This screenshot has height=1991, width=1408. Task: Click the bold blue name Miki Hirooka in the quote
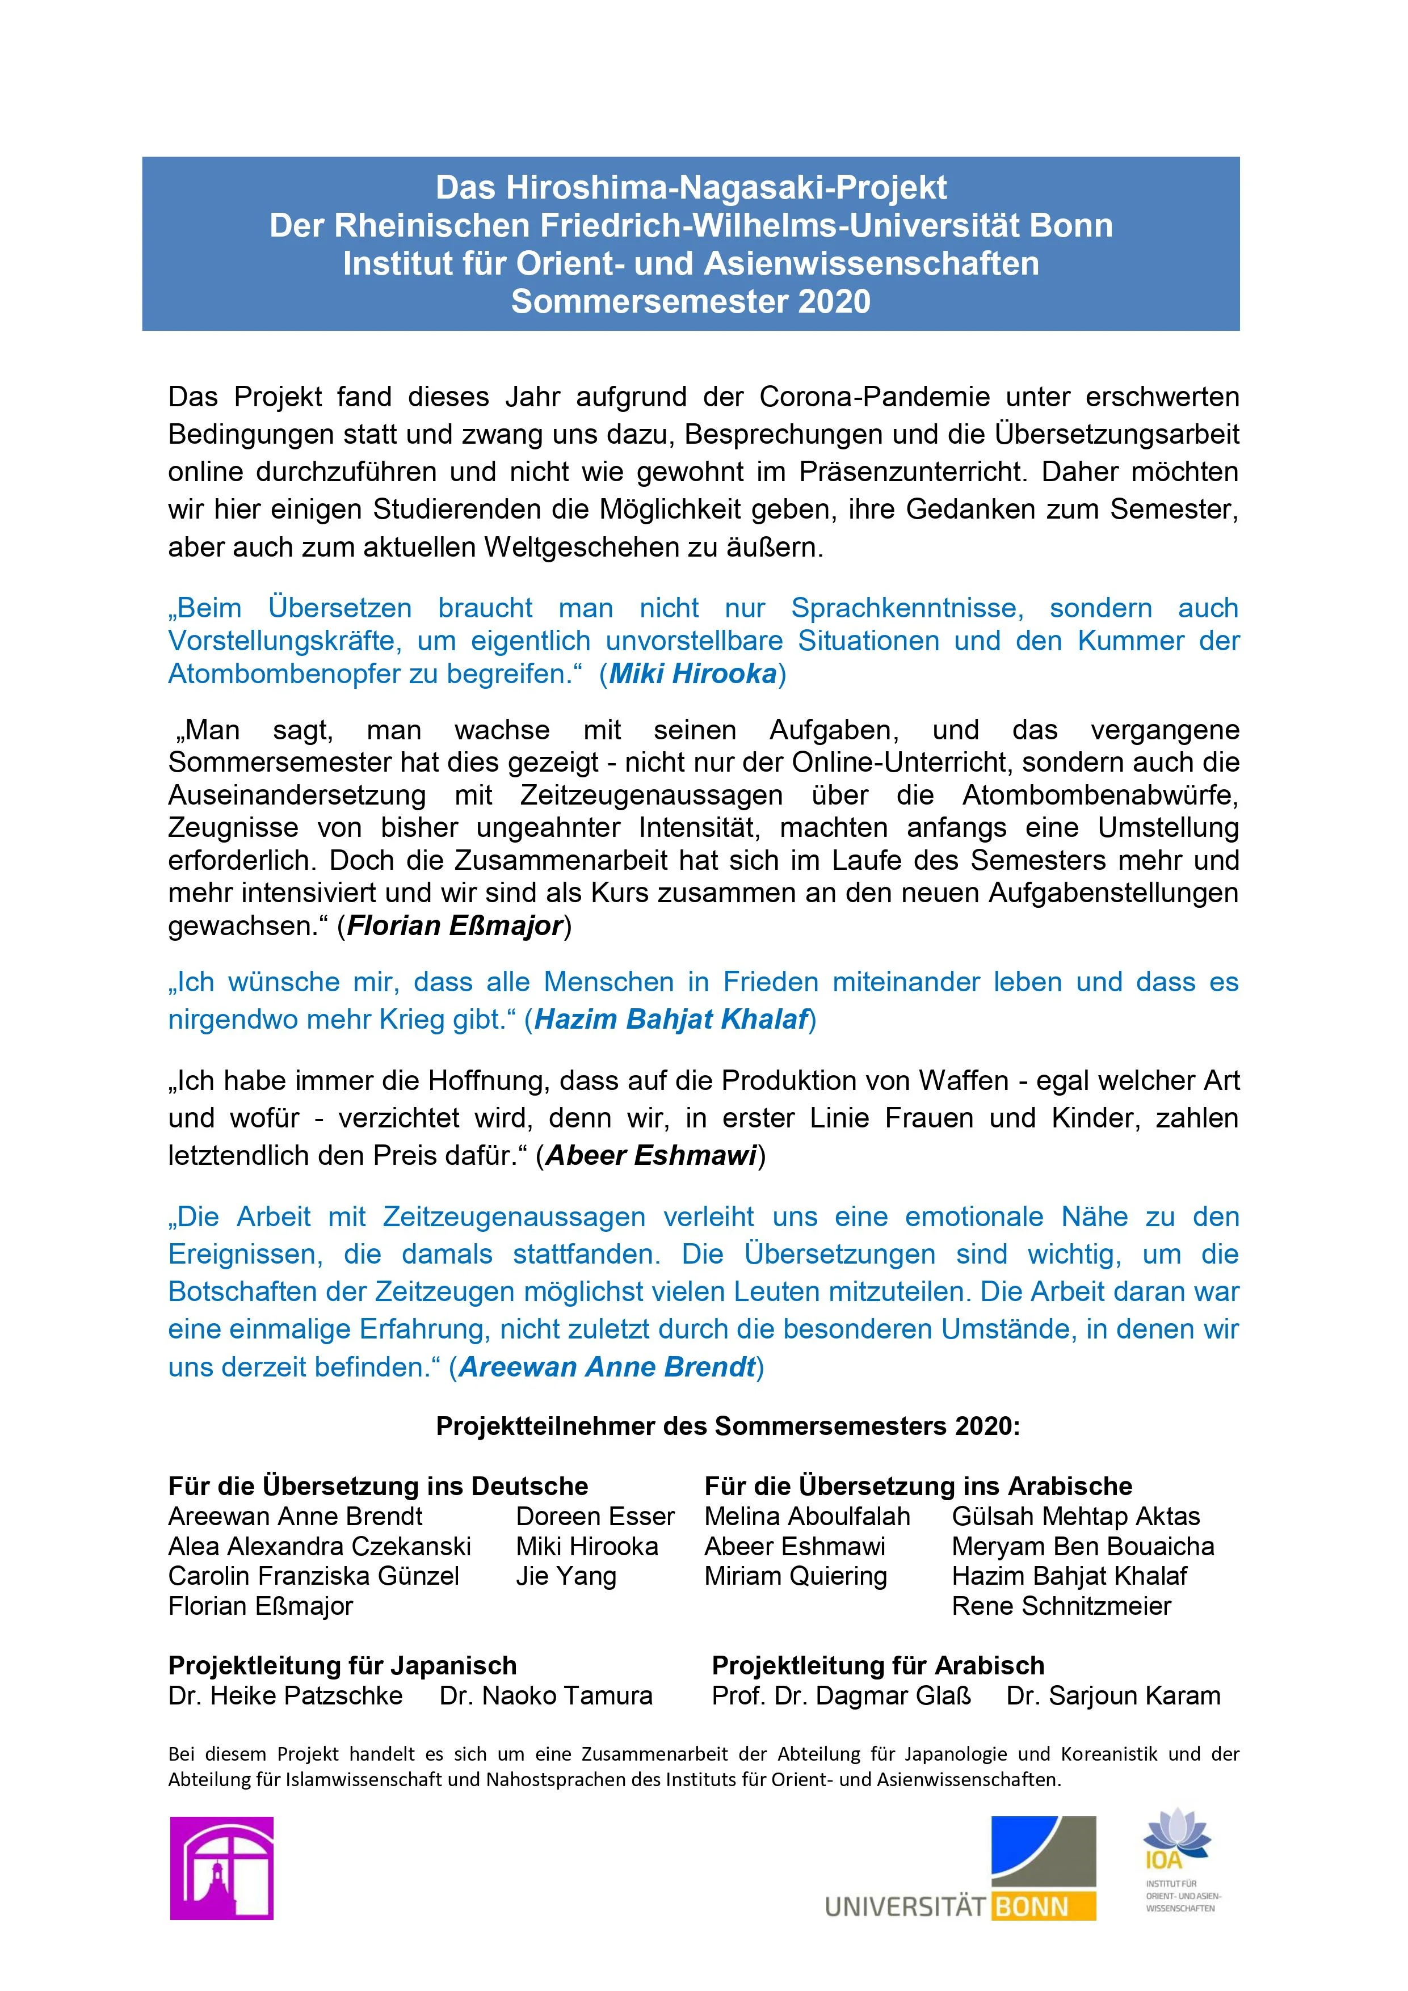[x=692, y=674]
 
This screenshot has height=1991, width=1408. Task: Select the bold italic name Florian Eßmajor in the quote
[x=456, y=925]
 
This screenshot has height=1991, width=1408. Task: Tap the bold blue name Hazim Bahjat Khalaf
[x=671, y=1019]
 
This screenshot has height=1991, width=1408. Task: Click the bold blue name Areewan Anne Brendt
[x=607, y=1367]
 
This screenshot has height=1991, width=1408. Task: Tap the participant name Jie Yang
[x=566, y=1576]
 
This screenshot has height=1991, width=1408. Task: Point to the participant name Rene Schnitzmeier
[x=1061, y=1606]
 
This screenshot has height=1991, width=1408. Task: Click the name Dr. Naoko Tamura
[x=546, y=1695]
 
